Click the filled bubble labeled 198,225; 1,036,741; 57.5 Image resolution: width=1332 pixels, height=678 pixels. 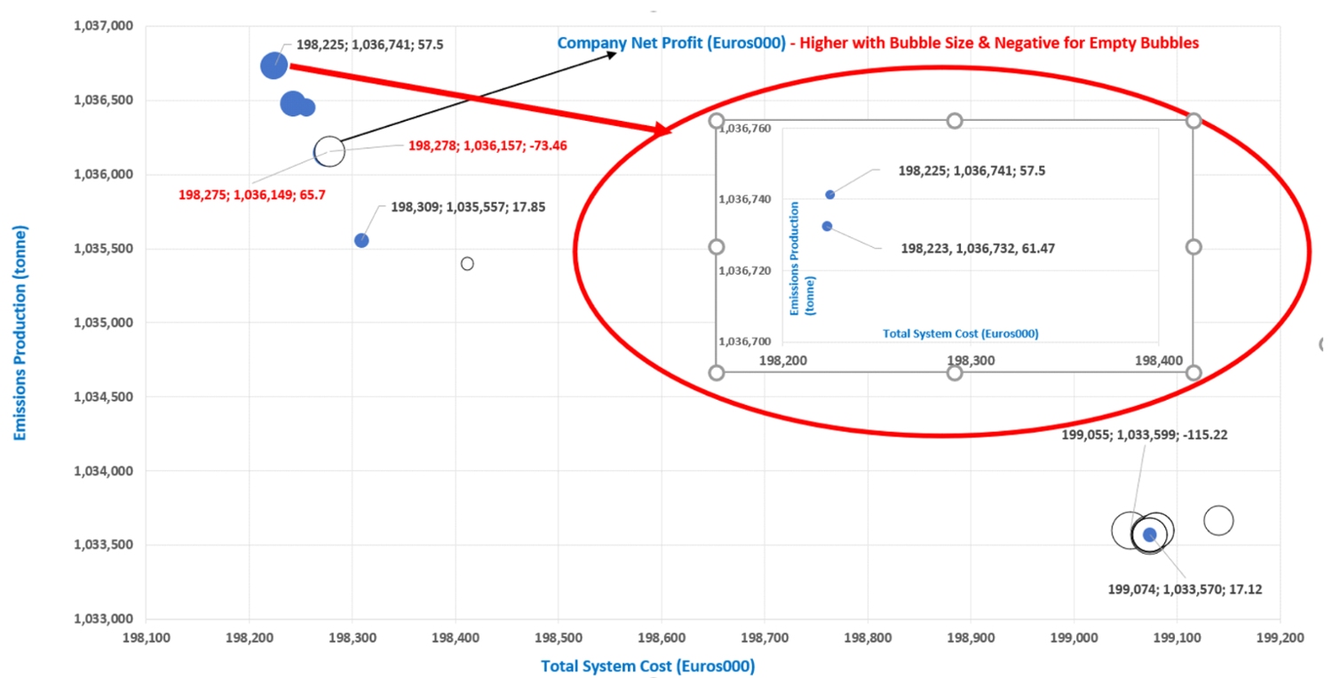(x=274, y=65)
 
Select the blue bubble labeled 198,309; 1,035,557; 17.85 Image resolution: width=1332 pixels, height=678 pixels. (x=361, y=240)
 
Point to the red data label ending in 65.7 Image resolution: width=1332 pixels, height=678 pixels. (x=252, y=195)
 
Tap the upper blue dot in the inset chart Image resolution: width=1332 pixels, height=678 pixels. (x=830, y=195)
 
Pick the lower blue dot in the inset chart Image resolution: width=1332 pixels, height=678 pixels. (x=827, y=226)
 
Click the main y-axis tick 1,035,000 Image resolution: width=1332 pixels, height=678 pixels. (x=100, y=323)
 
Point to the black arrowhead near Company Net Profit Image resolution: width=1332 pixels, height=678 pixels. (x=612, y=55)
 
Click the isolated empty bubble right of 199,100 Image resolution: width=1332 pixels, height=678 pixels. (x=1218, y=521)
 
